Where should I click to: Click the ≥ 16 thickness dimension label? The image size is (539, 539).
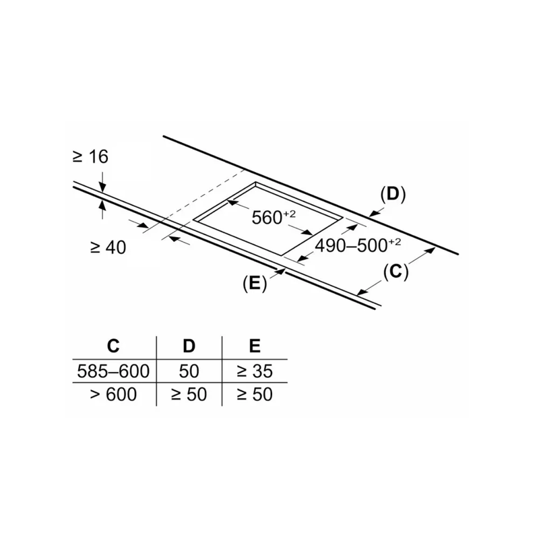pos(90,157)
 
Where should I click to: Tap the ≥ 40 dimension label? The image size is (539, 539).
pos(108,247)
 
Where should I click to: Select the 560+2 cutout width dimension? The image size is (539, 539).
pos(273,217)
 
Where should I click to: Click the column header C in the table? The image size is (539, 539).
pos(113,346)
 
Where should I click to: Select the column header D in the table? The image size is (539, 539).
pos(189,346)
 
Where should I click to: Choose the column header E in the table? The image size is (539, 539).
pos(254,346)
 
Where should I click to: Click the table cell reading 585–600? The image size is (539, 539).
pos(113,371)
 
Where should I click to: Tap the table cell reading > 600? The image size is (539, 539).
pos(113,394)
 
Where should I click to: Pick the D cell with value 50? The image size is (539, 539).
pos(189,371)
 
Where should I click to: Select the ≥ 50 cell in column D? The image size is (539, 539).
pos(189,394)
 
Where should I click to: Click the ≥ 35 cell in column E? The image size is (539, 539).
pos(254,371)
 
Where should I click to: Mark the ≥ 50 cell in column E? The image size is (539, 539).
pos(254,394)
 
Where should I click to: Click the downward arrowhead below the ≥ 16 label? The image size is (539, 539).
pos(102,187)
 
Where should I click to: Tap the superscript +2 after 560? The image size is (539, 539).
pos(290,213)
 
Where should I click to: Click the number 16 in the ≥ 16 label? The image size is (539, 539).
pos(98,157)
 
